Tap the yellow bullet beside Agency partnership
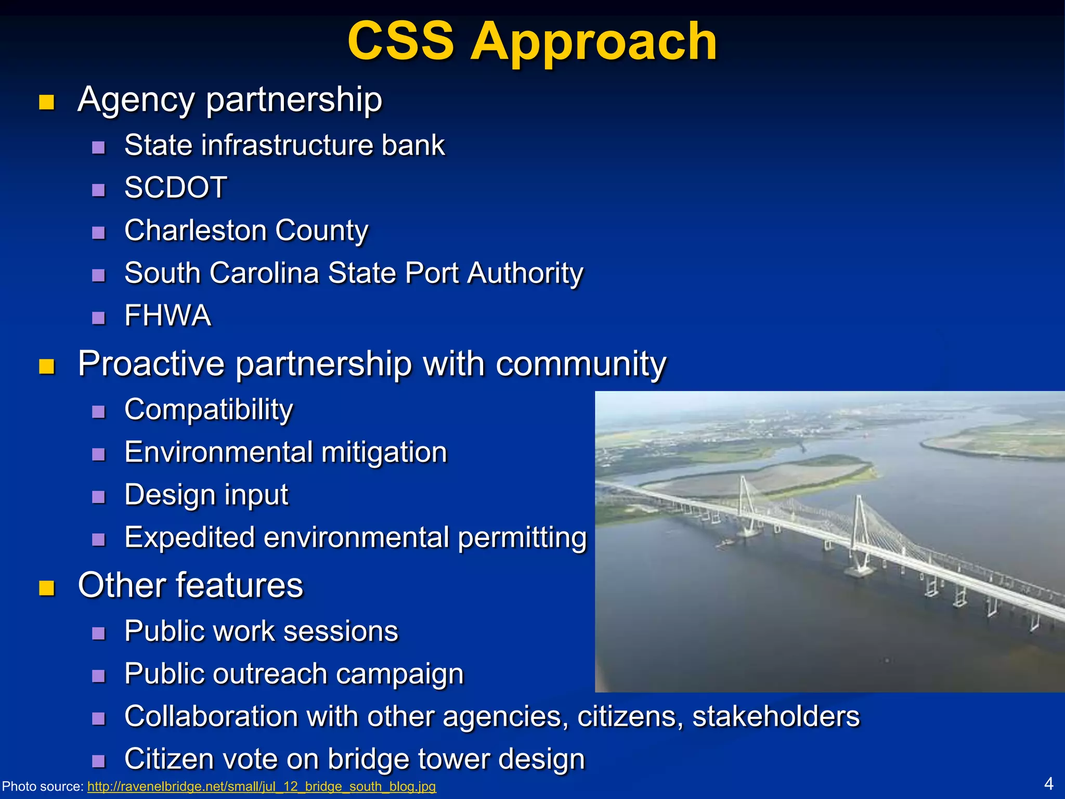(47, 102)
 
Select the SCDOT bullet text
(175, 187)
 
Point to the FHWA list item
(167, 316)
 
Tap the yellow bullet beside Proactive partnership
(47, 366)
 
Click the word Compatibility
(209, 410)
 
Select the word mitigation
(384, 452)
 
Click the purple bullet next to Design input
(98, 497)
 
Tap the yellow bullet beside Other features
(47, 588)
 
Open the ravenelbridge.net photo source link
(261, 786)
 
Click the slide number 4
(1048, 783)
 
